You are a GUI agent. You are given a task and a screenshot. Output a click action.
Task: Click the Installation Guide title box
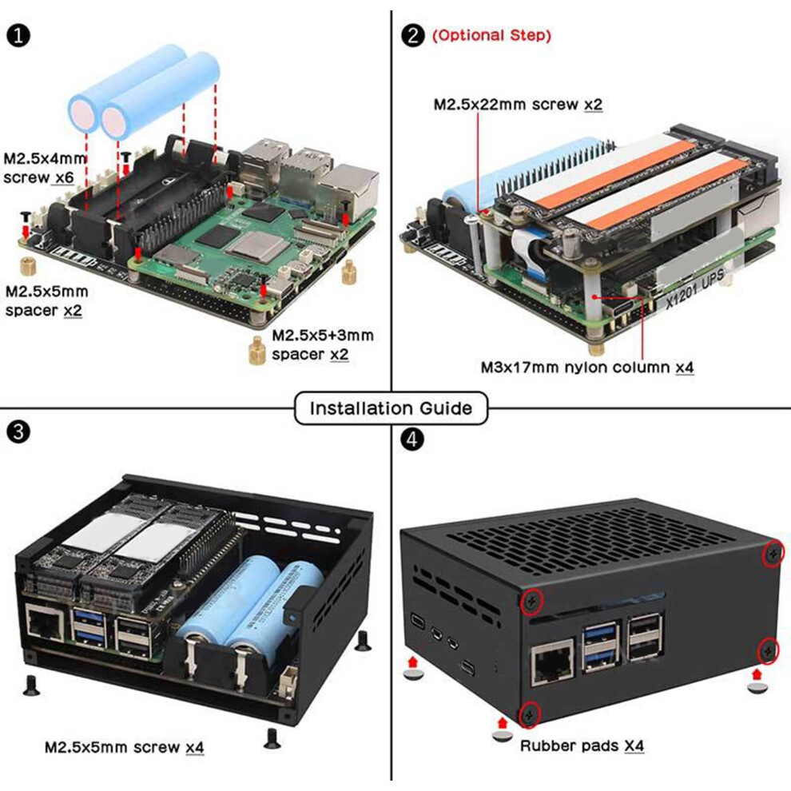tap(391, 407)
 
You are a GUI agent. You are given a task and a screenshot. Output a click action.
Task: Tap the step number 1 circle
tap(18, 36)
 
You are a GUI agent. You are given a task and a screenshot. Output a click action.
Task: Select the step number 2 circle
tap(412, 36)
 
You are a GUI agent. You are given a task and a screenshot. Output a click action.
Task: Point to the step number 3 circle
tap(18, 432)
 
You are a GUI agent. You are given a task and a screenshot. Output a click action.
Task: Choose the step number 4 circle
tap(412, 439)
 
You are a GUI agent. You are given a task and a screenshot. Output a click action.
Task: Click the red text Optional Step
tap(491, 35)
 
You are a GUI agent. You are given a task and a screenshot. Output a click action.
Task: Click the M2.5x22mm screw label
tap(518, 105)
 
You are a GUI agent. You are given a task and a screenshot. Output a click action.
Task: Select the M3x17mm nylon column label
tap(587, 368)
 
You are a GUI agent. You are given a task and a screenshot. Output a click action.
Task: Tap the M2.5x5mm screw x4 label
tap(124, 747)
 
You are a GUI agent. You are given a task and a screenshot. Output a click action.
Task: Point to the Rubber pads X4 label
tap(582, 745)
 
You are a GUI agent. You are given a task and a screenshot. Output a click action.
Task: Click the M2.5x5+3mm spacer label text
tap(323, 345)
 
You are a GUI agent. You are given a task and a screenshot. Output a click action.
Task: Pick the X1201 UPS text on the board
tap(695, 289)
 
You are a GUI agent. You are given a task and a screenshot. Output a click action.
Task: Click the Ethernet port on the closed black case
tap(553, 663)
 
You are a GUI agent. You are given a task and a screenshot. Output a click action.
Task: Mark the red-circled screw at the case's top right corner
tap(773, 554)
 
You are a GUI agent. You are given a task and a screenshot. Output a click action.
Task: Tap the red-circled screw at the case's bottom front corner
tap(530, 714)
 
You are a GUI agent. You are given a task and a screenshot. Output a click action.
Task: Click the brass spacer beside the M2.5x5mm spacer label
tap(28, 266)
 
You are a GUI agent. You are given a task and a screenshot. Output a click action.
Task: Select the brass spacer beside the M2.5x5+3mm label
tap(257, 350)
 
